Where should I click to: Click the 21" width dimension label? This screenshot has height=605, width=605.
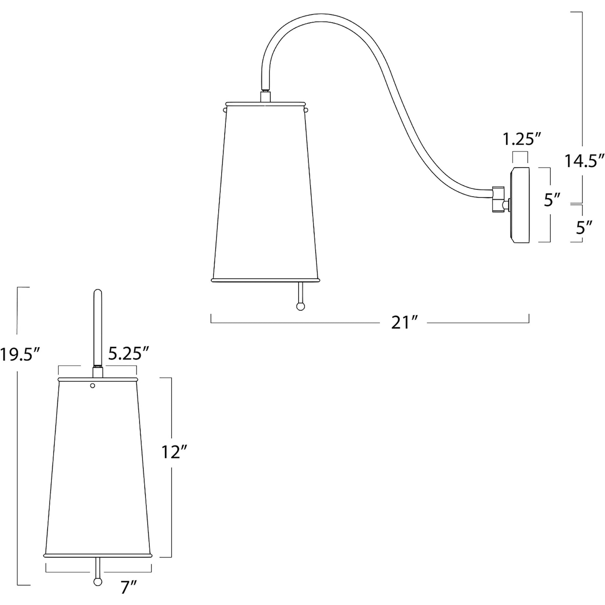pyautogui.click(x=404, y=323)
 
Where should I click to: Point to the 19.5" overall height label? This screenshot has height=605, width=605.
pyautogui.click(x=20, y=354)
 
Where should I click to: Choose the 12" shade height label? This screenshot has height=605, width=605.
pyautogui.click(x=174, y=452)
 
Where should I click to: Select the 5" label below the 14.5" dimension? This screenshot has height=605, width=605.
pyautogui.click(x=584, y=228)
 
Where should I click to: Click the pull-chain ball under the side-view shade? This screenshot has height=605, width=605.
pyautogui.click(x=301, y=306)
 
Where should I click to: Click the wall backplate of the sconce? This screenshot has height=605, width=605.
pyautogui.click(x=520, y=206)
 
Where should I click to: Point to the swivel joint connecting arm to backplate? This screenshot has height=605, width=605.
pyautogui.click(x=498, y=200)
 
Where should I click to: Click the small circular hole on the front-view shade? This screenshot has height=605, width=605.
pyautogui.click(x=92, y=386)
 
